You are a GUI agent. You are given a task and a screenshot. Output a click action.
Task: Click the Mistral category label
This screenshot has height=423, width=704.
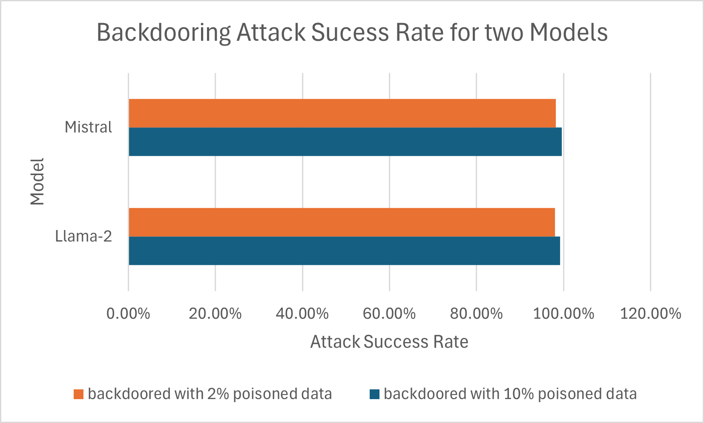pyautogui.click(x=88, y=127)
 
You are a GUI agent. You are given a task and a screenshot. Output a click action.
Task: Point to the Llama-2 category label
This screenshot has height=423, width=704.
pyautogui.click(x=83, y=236)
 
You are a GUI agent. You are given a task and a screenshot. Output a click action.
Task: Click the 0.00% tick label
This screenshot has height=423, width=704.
pyautogui.click(x=128, y=314)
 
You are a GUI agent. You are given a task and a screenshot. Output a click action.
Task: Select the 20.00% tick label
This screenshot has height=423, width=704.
pyautogui.click(x=215, y=314)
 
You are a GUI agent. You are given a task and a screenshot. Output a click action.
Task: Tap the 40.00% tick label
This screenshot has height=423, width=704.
pyautogui.click(x=302, y=314)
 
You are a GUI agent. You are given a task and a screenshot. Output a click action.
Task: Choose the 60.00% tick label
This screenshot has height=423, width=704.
pyautogui.click(x=389, y=314)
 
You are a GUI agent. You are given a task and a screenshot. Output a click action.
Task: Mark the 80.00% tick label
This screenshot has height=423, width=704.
pyautogui.click(x=476, y=314)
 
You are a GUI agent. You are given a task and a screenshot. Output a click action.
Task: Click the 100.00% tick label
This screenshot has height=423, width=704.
pyautogui.click(x=563, y=314)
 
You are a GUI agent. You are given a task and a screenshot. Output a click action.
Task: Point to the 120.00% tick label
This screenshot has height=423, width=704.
pyautogui.click(x=650, y=314)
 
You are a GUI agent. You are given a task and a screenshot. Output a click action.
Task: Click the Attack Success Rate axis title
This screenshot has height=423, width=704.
pyautogui.click(x=389, y=342)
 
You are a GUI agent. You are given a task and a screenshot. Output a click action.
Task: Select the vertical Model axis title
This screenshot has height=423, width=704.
pyautogui.click(x=37, y=182)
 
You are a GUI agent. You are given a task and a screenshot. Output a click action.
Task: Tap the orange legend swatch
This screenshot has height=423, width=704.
pyautogui.click(x=78, y=394)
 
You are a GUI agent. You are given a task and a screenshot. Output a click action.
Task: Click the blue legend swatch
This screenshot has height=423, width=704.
pyautogui.click(x=374, y=394)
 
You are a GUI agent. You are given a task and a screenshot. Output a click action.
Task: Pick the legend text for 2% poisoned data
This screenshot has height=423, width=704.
pyautogui.click(x=210, y=394)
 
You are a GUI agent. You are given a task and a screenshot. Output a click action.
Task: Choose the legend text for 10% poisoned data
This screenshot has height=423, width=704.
pyautogui.click(x=510, y=394)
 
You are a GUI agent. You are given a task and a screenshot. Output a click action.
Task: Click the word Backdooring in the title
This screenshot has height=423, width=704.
pyautogui.click(x=164, y=33)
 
